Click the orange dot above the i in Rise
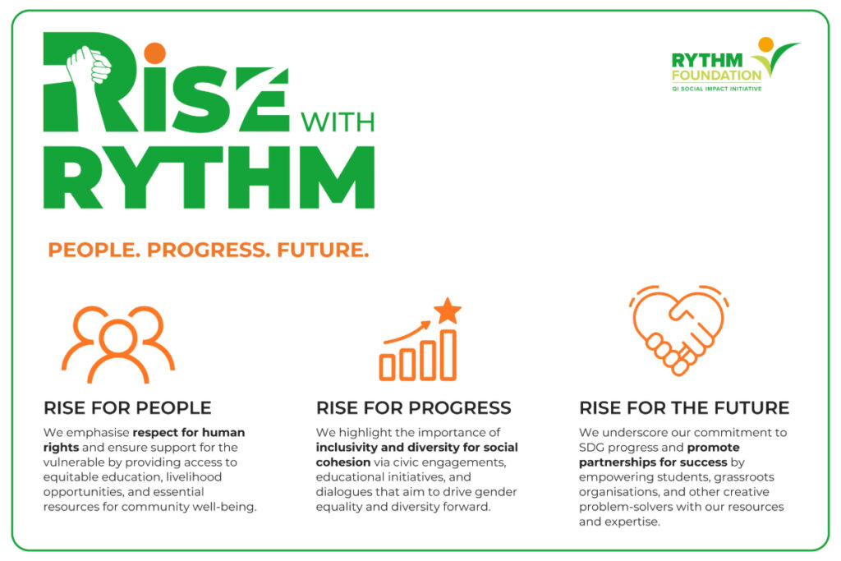(x=155, y=53)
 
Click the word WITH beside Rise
(x=338, y=122)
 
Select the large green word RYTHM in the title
(x=209, y=177)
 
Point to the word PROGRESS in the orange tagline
(x=209, y=250)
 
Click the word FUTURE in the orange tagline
(x=323, y=250)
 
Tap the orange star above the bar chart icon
(x=448, y=310)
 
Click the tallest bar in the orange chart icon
(x=448, y=355)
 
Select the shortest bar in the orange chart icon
(x=388, y=367)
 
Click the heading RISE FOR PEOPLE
(x=127, y=408)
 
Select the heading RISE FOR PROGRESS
(x=414, y=408)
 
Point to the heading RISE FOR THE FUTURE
(x=684, y=408)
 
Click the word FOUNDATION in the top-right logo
(x=716, y=75)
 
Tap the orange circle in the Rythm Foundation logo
(x=766, y=44)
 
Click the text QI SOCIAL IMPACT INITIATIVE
(x=716, y=89)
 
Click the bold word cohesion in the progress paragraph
(x=343, y=462)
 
